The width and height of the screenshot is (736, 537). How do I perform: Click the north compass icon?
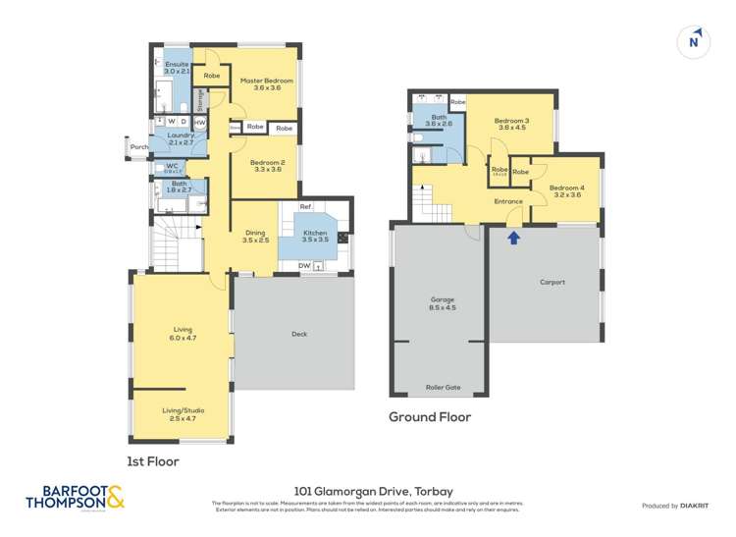point(695,40)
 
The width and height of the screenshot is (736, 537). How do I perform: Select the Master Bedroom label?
point(261,82)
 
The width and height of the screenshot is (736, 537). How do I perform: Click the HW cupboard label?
point(199,123)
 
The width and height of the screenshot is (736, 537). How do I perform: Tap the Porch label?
point(139,148)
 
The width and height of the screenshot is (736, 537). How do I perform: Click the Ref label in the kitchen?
point(305,207)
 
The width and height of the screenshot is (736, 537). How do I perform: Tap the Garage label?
point(442,303)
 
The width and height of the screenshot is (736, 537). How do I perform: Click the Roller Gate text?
point(442,387)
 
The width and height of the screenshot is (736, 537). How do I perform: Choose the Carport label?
point(552,282)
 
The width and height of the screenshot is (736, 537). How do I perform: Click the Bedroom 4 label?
point(566,190)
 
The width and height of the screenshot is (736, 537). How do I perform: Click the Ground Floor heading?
point(430,417)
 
